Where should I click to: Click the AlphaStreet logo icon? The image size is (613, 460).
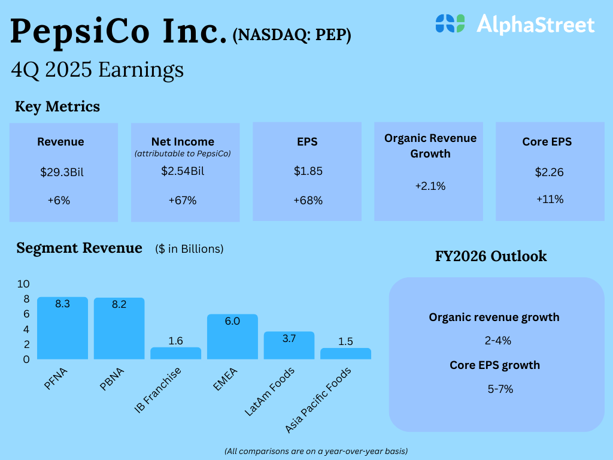pyautogui.click(x=450, y=23)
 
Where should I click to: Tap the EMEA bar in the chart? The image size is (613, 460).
pyautogui.click(x=232, y=337)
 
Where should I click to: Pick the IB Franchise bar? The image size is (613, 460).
pyautogui.click(x=175, y=353)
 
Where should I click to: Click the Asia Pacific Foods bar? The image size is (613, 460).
pyautogui.click(x=345, y=353)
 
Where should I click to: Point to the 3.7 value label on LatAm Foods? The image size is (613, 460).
pyautogui.click(x=289, y=338)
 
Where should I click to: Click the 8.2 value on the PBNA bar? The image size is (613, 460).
pyautogui.click(x=119, y=304)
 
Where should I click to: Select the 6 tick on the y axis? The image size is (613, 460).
pyautogui.click(x=26, y=314)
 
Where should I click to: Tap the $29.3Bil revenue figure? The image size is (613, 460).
pyautogui.click(x=62, y=172)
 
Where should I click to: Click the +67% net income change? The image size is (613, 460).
pyautogui.click(x=183, y=200)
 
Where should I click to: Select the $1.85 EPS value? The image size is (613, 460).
pyautogui.click(x=308, y=171)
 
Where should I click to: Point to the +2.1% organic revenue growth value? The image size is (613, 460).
pyautogui.click(x=430, y=186)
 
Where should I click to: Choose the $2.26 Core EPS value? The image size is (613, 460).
pyautogui.click(x=550, y=172)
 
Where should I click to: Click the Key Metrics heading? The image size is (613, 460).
pyautogui.click(x=57, y=107)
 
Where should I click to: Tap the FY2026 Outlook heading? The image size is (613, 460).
pyautogui.click(x=491, y=256)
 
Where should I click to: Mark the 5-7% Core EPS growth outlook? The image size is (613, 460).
pyautogui.click(x=500, y=389)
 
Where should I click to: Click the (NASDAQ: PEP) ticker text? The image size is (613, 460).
pyautogui.click(x=292, y=35)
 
